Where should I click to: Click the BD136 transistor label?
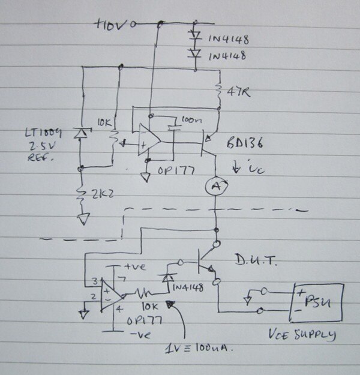tap(246, 148)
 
